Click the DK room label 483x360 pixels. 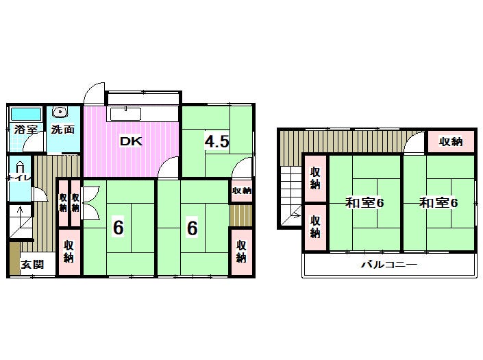(x=132, y=141)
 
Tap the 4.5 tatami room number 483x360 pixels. (x=217, y=142)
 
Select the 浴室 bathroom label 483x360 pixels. (x=26, y=130)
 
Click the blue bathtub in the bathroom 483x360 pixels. (x=26, y=114)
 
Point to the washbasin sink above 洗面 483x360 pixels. (x=60, y=112)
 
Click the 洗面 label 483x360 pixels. (x=63, y=130)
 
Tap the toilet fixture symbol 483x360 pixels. (x=19, y=169)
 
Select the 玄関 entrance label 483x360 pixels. (x=32, y=265)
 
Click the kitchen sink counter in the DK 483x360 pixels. (x=125, y=114)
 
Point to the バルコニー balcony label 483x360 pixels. (x=389, y=265)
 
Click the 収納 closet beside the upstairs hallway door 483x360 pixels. (x=451, y=141)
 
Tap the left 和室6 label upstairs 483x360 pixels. (x=364, y=203)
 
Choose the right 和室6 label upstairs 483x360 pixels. (x=438, y=203)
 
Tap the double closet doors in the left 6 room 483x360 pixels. (x=90, y=203)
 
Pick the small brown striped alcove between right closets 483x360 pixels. (x=241, y=215)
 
